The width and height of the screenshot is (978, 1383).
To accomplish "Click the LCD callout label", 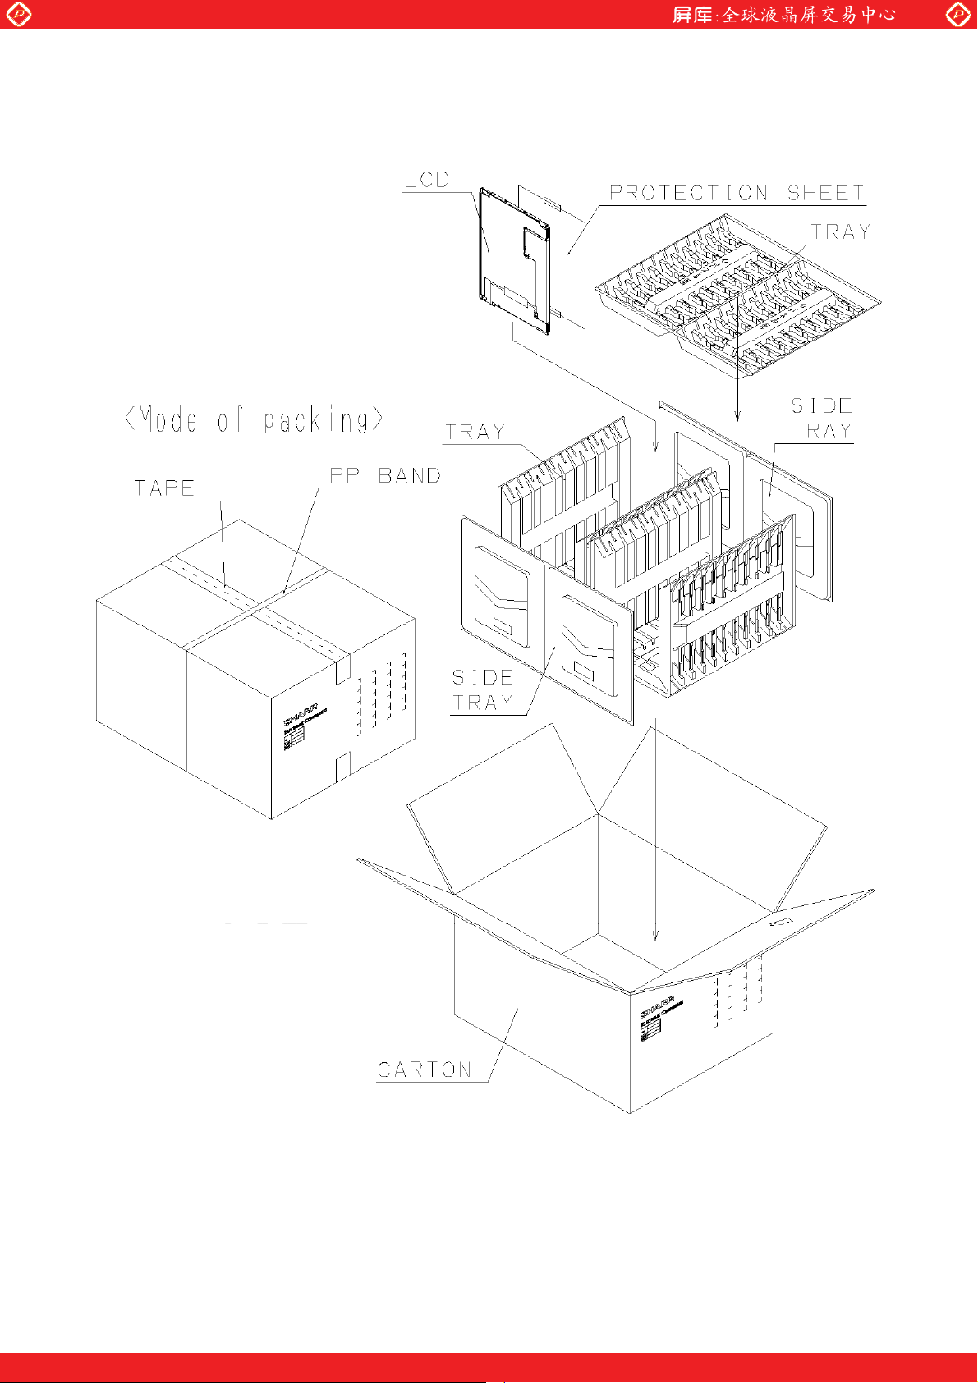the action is (427, 180).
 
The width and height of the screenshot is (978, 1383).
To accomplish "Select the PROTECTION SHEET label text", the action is (737, 194).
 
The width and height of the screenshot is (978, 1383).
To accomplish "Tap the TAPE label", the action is (164, 488).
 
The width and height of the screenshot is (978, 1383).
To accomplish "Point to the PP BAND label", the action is (385, 476).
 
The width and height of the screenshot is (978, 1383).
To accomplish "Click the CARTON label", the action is (425, 1070).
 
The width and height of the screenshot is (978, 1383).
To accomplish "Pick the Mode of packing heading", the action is (254, 420).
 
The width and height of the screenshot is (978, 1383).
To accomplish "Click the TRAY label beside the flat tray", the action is (841, 232).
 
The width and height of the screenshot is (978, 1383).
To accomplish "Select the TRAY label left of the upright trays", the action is (475, 433).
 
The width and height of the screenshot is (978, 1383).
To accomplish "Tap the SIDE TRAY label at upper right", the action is (821, 419).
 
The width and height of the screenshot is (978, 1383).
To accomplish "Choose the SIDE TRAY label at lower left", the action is (483, 690).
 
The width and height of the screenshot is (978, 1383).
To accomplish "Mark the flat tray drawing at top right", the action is (737, 295).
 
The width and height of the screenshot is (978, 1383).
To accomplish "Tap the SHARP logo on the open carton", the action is (657, 1007).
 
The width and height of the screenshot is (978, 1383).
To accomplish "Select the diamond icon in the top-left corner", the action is (18, 14).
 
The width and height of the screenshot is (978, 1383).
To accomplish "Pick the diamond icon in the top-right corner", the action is (957, 14).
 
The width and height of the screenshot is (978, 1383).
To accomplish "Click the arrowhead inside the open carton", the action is (655, 935).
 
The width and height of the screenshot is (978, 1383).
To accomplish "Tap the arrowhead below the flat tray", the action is (737, 416).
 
